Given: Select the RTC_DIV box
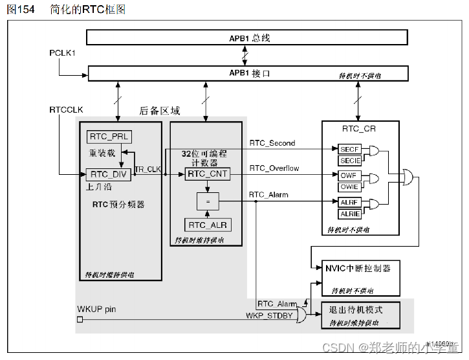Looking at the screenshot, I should point(108,174).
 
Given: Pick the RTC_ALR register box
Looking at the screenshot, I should point(207,225).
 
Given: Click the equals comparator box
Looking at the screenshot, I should point(207,202).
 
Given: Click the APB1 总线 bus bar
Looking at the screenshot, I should point(247,38).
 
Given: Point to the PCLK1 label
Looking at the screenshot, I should point(63,52).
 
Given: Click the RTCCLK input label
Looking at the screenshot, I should point(67,109).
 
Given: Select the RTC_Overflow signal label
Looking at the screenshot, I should point(274,168).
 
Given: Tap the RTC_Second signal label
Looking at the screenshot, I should point(272,143).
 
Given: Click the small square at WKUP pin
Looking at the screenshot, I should point(80,320).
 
